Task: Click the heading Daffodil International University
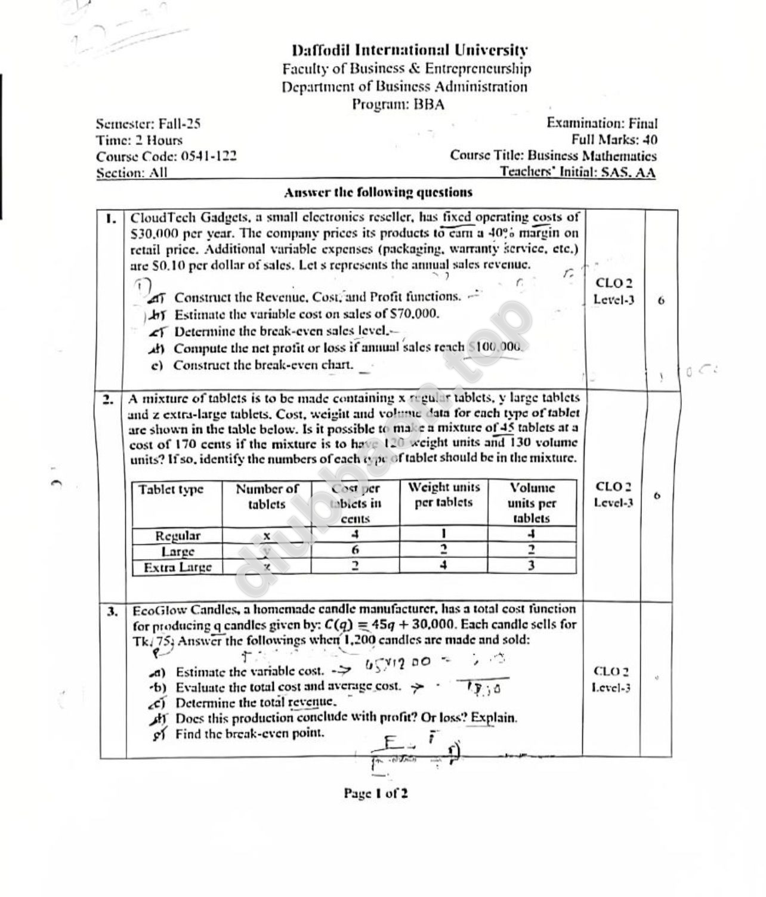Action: (410, 51)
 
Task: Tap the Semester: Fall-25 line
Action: (148, 124)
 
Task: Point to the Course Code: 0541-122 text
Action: (166, 156)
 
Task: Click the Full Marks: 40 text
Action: (614, 140)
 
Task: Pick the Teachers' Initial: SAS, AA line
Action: (577, 172)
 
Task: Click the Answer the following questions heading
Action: (378, 193)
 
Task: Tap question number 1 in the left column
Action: (110, 218)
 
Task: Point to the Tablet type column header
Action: (171, 489)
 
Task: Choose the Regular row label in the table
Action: (177, 535)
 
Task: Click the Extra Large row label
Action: (178, 566)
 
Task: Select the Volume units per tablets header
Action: (532, 503)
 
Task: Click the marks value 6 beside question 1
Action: (661, 300)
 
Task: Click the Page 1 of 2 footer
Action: (376, 793)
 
